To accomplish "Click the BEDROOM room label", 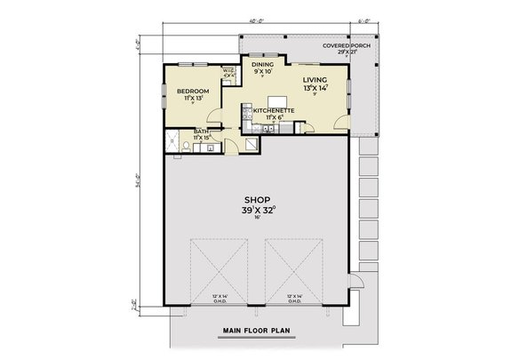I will coord(192,91).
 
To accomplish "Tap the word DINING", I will coord(262,64).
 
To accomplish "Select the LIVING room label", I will coord(315,79).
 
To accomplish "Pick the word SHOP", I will coord(255,199).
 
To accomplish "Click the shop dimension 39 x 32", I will coord(256,211).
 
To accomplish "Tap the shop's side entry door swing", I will coord(356,284).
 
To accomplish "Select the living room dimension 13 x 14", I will coord(315,89).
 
